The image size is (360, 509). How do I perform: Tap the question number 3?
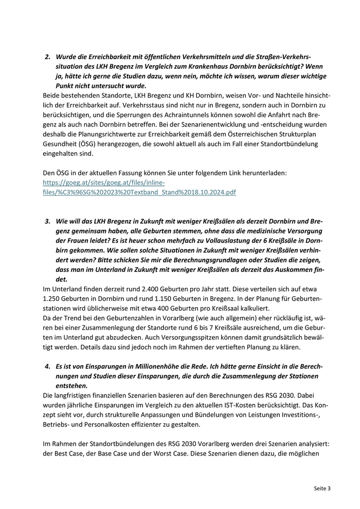click(48, 221)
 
